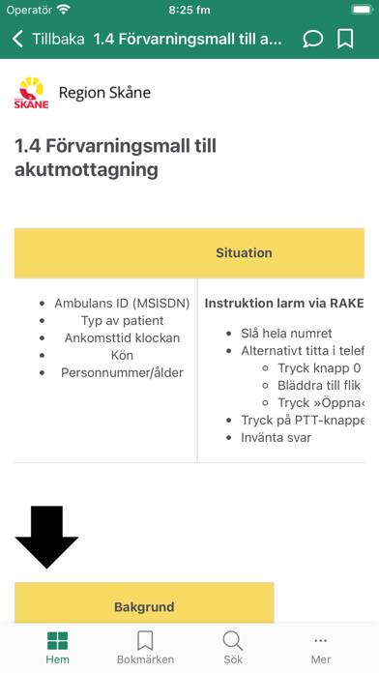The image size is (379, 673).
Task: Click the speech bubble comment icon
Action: [x=313, y=40]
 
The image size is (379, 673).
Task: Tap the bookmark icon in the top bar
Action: [x=345, y=40]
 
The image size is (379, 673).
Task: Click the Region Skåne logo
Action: [x=31, y=93]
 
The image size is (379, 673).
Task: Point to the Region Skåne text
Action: [x=104, y=93]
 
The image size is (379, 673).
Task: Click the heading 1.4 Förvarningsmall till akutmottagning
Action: [x=115, y=158]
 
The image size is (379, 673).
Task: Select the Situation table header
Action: [x=244, y=252]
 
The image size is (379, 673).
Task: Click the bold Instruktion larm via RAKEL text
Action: [x=284, y=303]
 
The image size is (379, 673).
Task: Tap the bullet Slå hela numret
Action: [x=287, y=334]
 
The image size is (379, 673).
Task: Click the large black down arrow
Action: [x=46, y=537]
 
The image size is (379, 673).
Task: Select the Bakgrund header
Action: [x=144, y=607]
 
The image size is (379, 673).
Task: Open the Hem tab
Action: [x=58, y=647]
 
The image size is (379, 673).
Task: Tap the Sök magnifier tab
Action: [x=233, y=647]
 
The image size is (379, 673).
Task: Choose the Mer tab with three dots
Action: [x=321, y=647]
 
